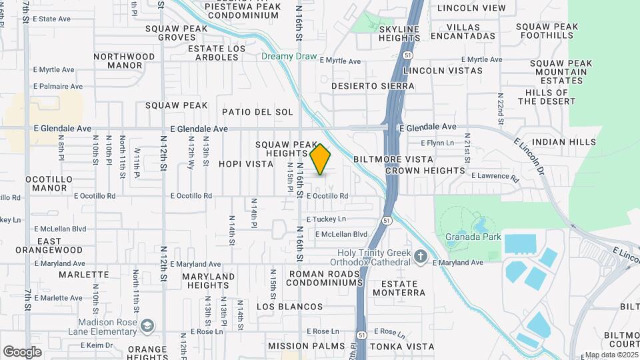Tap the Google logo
[x=22, y=351]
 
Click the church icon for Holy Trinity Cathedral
[x=421, y=256]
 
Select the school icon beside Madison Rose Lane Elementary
[x=147, y=326]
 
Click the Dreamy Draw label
[x=289, y=57]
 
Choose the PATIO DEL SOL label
[x=257, y=112]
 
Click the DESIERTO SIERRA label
[x=373, y=87]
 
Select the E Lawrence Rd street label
[x=494, y=177]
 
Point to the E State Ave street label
[x=51, y=19]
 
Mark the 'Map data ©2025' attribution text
[x=611, y=355]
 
